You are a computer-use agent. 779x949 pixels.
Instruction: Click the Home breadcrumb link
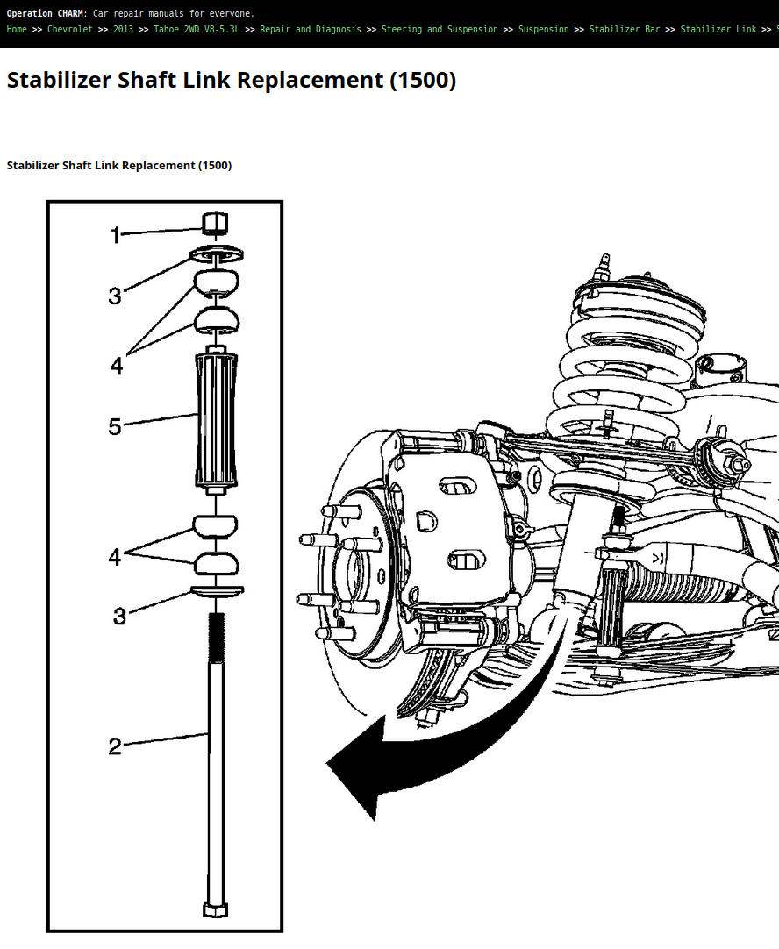tap(17, 29)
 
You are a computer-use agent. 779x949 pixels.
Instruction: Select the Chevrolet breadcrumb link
tap(70, 29)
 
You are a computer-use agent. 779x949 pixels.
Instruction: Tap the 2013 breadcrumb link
tap(123, 29)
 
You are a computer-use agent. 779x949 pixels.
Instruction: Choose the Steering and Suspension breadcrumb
tap(440, 29)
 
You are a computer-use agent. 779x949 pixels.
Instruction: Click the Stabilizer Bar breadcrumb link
tap(625, 29)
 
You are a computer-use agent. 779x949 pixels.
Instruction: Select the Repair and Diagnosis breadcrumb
tap(311, 29)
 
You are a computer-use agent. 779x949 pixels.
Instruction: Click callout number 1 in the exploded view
tap(116, 235)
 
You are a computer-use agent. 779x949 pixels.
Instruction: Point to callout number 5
tap(115, 426)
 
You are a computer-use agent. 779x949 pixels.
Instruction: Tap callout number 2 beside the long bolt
tap(115, 746)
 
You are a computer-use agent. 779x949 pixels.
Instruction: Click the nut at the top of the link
tap(215, 224)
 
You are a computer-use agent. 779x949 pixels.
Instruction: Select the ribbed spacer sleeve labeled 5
tap(216, 420)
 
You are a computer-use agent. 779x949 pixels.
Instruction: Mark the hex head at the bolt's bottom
tap(216, 909)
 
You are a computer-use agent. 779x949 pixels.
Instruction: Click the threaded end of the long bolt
tap(216, 638)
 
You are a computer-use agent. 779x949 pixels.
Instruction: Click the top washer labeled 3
tap(217, 255)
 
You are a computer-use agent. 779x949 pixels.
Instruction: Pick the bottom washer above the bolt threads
tap(218, 591)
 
